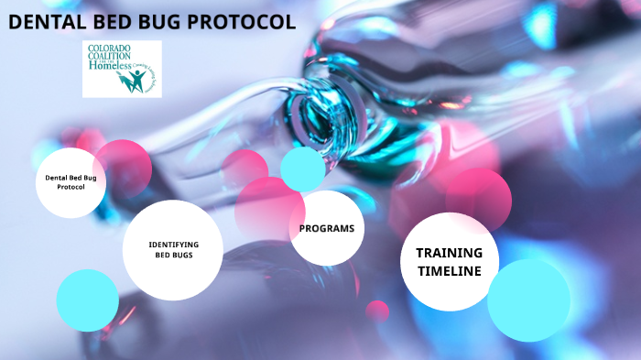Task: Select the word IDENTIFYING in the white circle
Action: click(173, 244)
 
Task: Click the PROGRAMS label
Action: click(326, 227)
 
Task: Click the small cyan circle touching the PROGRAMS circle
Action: click(302, 168)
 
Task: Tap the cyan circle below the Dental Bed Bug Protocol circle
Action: click(87, 300)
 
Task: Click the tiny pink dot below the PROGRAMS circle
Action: click(377, 311)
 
